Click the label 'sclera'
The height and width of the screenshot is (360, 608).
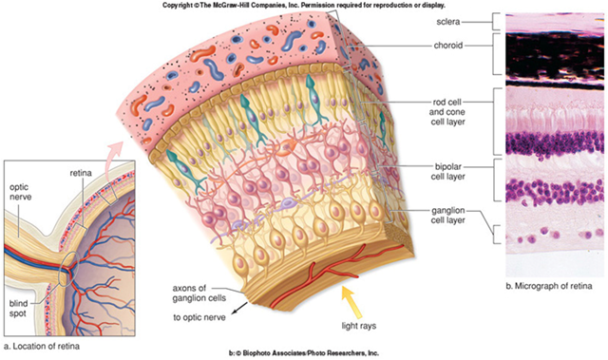pyautogui.click(x=447, y=22)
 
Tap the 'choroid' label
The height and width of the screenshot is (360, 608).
pyautogui.click(x=448, y=46)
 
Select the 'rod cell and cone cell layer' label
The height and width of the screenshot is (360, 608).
pyautogui.click(x=447, y=112)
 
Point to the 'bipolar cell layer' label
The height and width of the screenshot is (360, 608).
pyautogui.click(x=447, y=172)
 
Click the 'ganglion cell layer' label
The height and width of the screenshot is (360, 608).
pyautogui.click(x=447, y=216)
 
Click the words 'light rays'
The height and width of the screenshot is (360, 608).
pyautogui.click(x=359, y=326)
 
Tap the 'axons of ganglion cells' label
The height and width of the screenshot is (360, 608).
pyautogui.click(x=199, y=293)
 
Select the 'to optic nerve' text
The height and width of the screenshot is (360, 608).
pyautogui.click(x=199, y=317)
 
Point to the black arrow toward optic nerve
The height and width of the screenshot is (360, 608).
pyautogui.click(x=238, y=309)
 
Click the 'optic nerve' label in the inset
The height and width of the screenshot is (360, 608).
pyautogui.click(x=20, y=192)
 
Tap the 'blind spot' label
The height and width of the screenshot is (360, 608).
pyautogui.click(x=18, y=309)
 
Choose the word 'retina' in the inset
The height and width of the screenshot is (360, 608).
pyautogui.click(x=81, y=173)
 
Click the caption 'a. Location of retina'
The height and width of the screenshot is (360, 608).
pyautogui.click(x=41, y=346)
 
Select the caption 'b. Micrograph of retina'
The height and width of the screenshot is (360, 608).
pyautogui.click(x=549, y=286)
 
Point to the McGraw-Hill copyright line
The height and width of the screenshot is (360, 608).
pyautogui.click(x=304, y=6)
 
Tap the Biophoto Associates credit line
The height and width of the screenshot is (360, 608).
pyautogui.click(x=304, y=353)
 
